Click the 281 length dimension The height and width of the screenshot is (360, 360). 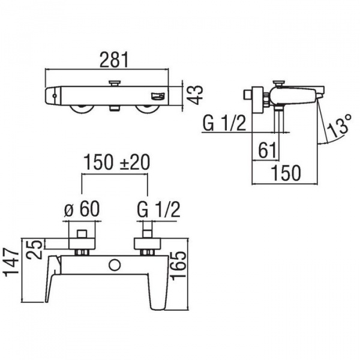click(x=114, y=60)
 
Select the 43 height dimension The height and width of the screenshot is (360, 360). click(x=194, y=95)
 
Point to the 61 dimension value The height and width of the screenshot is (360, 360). click(x=267, y=150)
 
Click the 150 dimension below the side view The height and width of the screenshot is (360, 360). click(x=286, y=173)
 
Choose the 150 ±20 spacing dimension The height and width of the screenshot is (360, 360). click(x=116, y=162)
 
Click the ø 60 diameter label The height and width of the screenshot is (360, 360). click(x=82, y=209)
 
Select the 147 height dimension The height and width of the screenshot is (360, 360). click(x=11, y=262)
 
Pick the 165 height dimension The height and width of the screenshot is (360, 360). click(x=179, y=265)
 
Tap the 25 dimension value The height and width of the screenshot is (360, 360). click(x=34, y=250)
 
